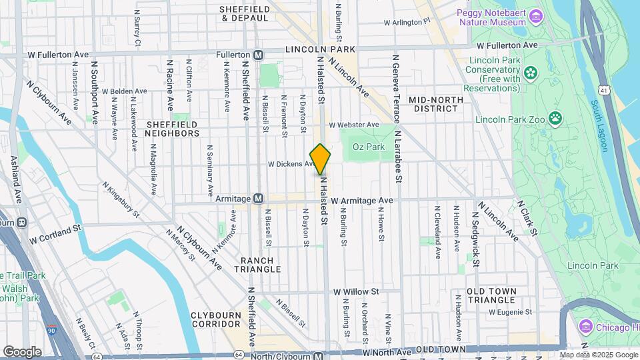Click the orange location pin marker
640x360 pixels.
(x=320, y=159)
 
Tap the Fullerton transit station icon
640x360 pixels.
(x=258, y=54)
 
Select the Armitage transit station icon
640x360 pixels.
(x=258, y=199)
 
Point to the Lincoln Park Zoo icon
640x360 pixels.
(x=555, y=119)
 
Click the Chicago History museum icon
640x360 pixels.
(x=586, y=326)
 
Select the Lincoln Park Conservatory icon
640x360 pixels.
(x=531, y=72)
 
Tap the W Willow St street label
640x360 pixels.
(x=356, y=291)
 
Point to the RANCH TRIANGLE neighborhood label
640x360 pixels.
(x=257, y=264)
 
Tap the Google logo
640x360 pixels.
(x=22, y=351)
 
